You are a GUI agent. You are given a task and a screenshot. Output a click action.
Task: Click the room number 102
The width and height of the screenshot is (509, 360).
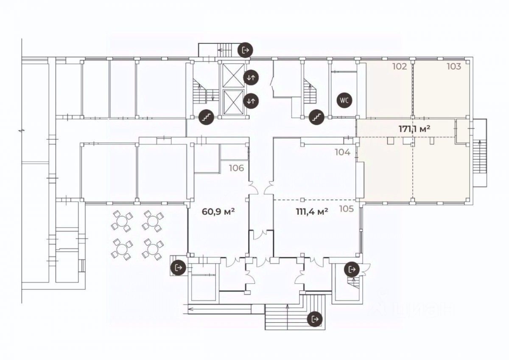pos(400,67)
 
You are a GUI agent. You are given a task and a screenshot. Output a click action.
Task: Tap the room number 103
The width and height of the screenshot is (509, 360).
pos(453,67)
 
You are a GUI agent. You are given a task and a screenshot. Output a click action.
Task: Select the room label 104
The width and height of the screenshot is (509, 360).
pos(342,152)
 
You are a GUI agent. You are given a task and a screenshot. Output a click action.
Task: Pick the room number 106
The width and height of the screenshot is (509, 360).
pos(236,168)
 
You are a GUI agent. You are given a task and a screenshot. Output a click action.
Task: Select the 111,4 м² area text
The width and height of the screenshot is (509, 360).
pos(311,211)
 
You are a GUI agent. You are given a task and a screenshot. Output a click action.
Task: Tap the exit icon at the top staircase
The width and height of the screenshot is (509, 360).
pos(245,50)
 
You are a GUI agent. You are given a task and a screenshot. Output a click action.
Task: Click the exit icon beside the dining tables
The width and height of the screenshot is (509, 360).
pos(178,268)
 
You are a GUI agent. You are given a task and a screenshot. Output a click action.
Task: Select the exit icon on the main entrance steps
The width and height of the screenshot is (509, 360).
pos(315,318)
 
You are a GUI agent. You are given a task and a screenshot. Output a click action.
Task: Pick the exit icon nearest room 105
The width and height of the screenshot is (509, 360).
pos(351,269)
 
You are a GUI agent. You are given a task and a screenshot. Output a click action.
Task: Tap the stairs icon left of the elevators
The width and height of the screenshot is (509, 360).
pos(207,116)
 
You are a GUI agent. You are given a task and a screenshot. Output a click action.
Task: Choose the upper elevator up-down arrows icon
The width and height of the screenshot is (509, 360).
pos(251,77)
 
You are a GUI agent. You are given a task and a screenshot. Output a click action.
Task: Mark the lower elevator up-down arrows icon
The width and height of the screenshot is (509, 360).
pos(251,101)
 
